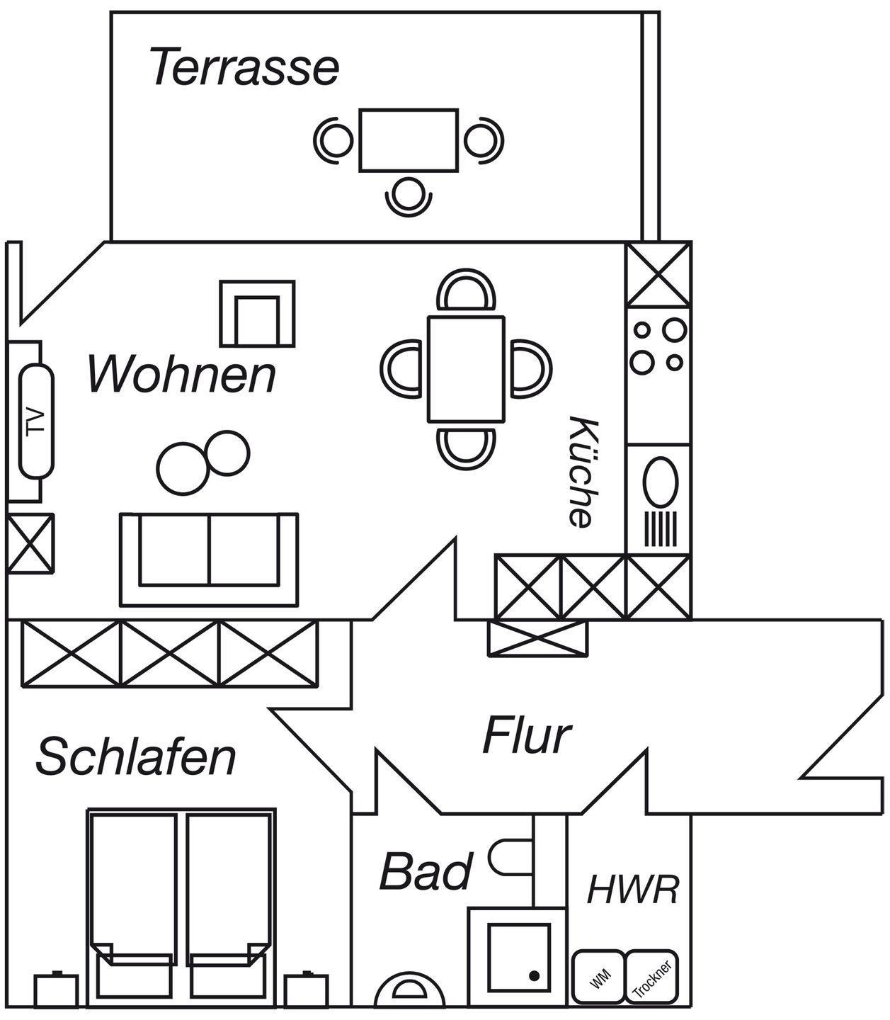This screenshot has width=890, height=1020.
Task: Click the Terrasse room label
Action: (244, 67)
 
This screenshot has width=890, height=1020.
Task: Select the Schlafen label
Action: (136, 756)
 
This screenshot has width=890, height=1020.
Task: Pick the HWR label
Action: (632, 889)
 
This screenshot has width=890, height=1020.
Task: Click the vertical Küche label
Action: (582, 472)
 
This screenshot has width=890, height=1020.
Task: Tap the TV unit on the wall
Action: (36, 421)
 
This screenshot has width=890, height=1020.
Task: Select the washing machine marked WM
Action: (598, 977)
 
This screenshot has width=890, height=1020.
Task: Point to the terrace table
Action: (409, 140)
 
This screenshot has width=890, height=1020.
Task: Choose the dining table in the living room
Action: (466, 370)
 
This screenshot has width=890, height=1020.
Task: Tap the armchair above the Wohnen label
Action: (258, 314)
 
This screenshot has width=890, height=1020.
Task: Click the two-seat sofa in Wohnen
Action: (209, 560)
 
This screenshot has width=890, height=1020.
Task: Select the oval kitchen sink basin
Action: (660, 482)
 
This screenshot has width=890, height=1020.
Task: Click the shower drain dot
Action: (535, 976)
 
